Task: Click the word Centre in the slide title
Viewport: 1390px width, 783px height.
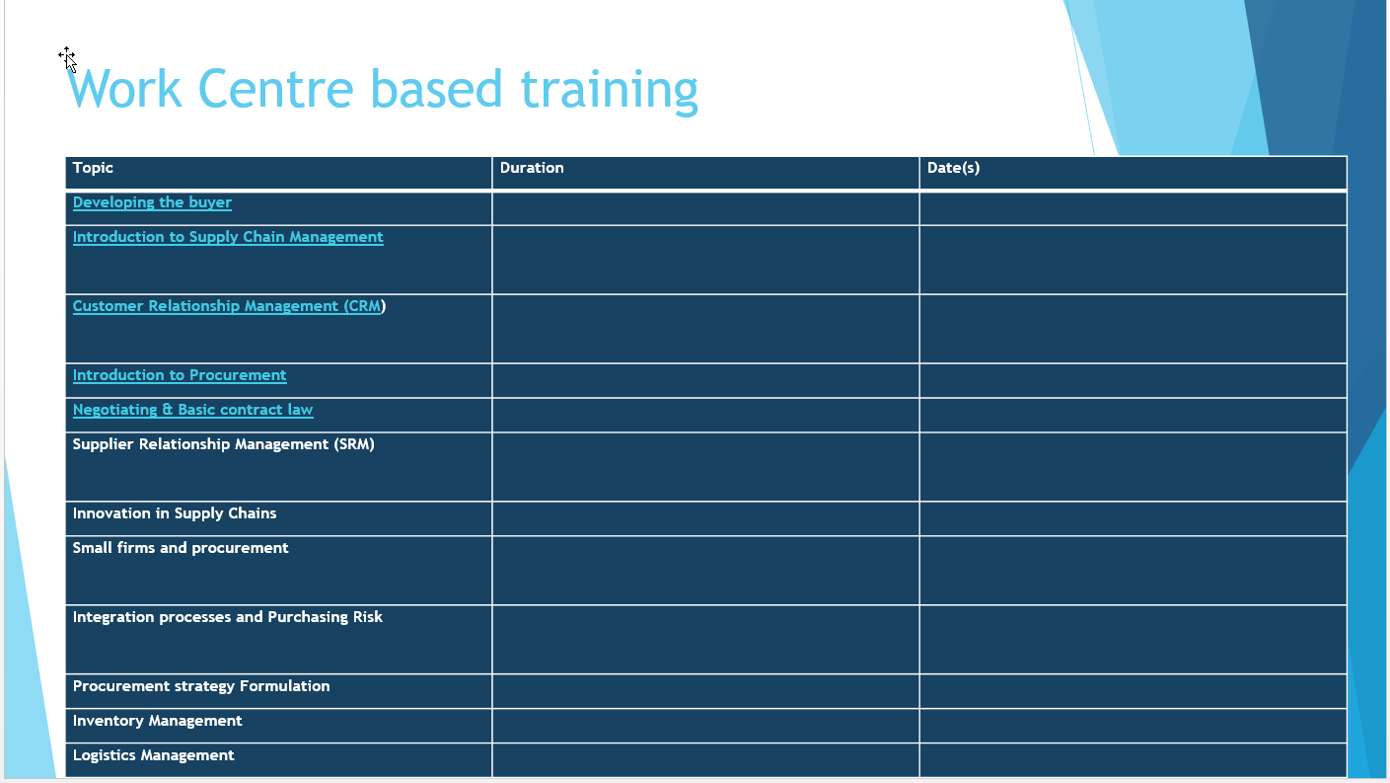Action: [x=276, y=89]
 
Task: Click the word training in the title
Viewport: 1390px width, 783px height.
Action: [x=610, y=92]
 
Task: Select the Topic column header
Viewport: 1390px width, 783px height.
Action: [x=93, y=168]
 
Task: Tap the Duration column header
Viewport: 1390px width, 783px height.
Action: [x=532, y=168]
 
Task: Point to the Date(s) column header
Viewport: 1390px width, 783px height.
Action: [x=953, y=168]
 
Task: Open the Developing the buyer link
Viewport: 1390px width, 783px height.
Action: [x=152, y=202]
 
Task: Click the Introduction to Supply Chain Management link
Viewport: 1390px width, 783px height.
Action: [x=228, y=237]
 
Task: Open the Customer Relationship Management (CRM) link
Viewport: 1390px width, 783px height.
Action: [x=229, y=306]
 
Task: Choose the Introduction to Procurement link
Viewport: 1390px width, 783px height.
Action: [x=180, y=375]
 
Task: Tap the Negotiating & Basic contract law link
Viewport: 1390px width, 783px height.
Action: [x=193, y=410]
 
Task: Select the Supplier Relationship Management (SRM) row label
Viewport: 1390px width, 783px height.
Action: [x=223, y=444]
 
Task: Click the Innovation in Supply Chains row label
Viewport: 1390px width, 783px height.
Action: [x=175, y=513]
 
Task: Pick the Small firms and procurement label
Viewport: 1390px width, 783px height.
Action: [x=181, y=548]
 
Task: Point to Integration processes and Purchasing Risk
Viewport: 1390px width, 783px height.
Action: [x=228, y=617]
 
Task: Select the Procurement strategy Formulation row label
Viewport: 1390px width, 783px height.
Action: [x=201, y=686]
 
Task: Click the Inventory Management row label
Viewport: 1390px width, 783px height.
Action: [x=157, y=721]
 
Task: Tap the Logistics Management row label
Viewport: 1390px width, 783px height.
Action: [x=153, y=755]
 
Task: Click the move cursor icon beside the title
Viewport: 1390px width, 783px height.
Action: [x=68, y=59]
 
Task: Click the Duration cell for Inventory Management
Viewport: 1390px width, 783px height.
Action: [x=705, y=726]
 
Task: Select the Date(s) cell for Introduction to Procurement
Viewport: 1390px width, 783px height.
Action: [x=1134, y=380]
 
